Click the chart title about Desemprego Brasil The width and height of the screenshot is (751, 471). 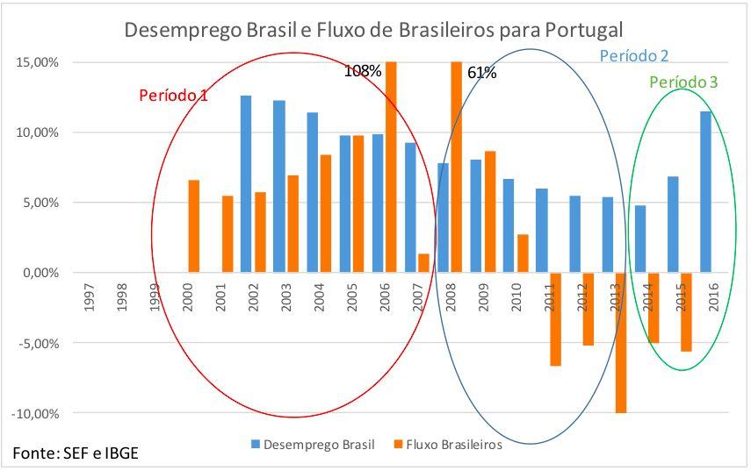point(374,30)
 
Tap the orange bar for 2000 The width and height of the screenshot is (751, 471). point(194,226)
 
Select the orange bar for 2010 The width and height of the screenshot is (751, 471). point(523,253)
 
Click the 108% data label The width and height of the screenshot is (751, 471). point(362,71)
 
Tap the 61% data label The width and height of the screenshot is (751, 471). point(481,73)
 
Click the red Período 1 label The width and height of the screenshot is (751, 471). point(174,95)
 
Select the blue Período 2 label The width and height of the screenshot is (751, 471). point(634,56)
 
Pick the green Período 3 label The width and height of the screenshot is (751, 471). point(683,82)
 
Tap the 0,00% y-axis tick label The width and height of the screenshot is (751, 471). point(39,273)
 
